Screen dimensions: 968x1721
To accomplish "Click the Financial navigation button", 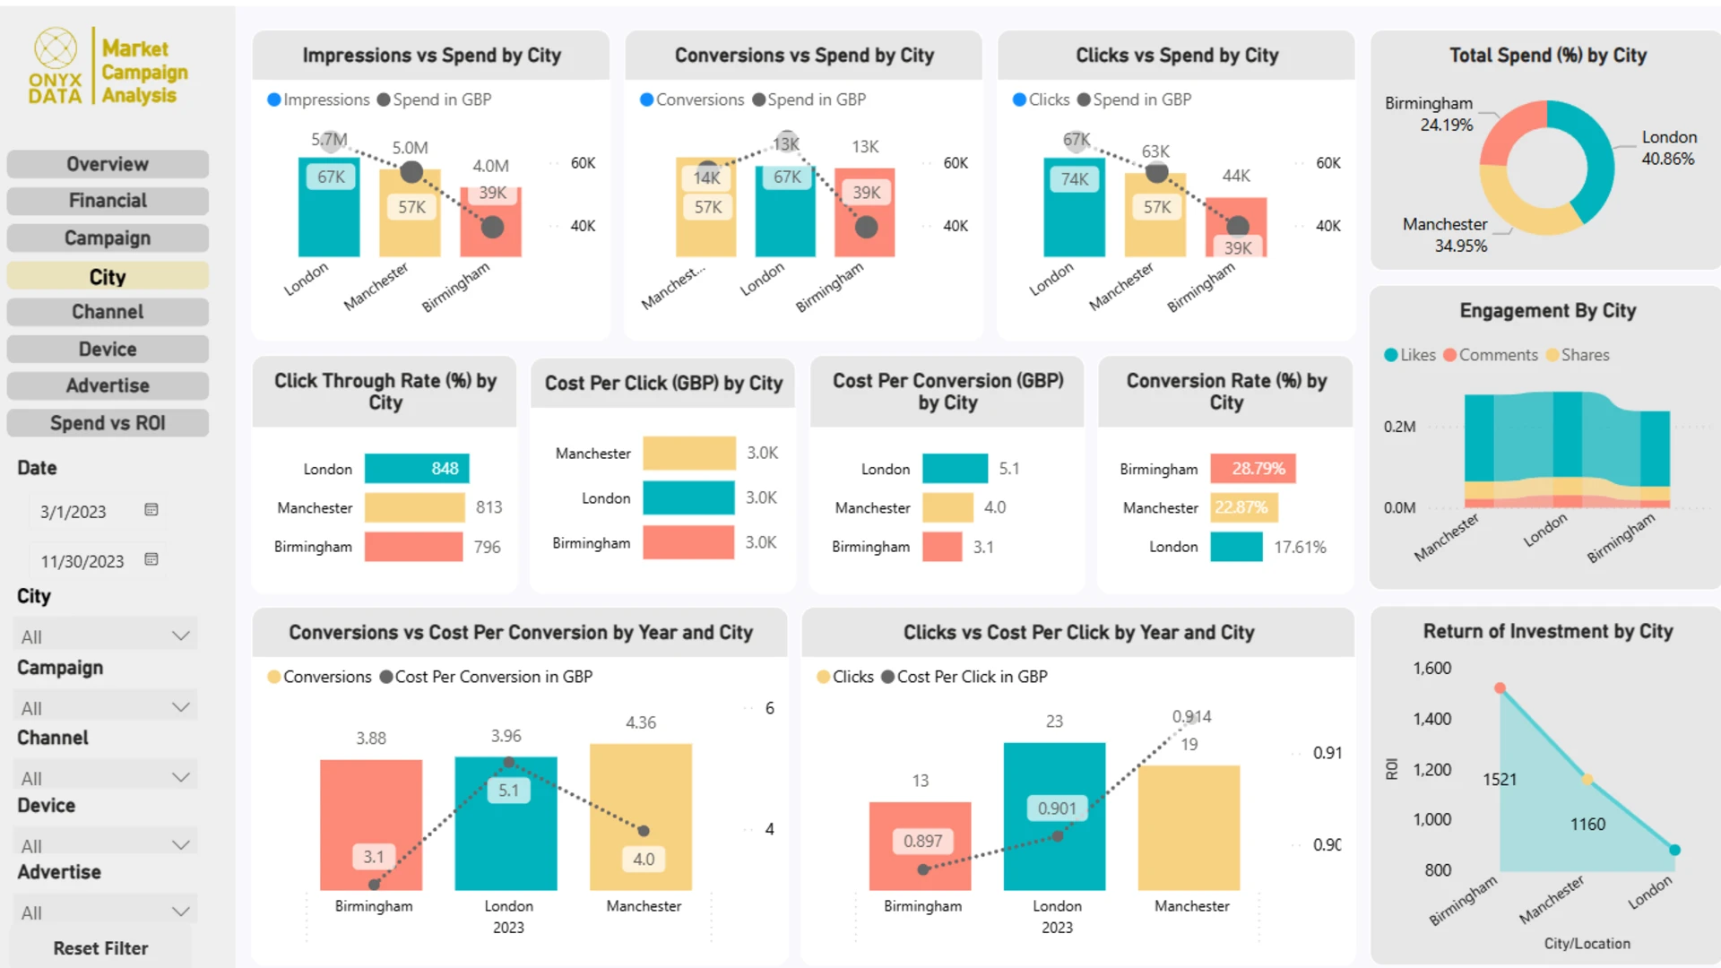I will [x=108, y=201].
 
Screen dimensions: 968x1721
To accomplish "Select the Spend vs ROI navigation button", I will [x=108, y=423].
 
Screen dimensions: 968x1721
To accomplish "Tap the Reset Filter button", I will [x=100, y=948].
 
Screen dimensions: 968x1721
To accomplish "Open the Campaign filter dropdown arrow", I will [x=180, y=707].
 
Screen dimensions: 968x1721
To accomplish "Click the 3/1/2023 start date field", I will [x=74, y=512].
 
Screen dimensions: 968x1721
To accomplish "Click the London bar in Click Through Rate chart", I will [x=417, y=469].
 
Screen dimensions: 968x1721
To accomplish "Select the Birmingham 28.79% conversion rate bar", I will [x=1252, y=469].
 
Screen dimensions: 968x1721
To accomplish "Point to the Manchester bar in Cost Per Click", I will [x=688, y=454].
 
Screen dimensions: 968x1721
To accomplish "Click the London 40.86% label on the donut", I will [x=1668, y=148].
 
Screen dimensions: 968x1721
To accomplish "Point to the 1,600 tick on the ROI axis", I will [x=1431, y=669].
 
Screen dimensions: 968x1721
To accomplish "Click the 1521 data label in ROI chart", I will [x=1500, y=780].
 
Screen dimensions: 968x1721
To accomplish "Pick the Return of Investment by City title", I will [x=1548, y=631].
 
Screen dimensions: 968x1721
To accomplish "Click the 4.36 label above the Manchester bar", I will [x=641, y=722].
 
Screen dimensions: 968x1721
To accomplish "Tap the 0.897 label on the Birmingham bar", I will [x=922, y=841].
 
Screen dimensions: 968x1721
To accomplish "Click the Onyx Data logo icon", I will [x=56, y=48].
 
